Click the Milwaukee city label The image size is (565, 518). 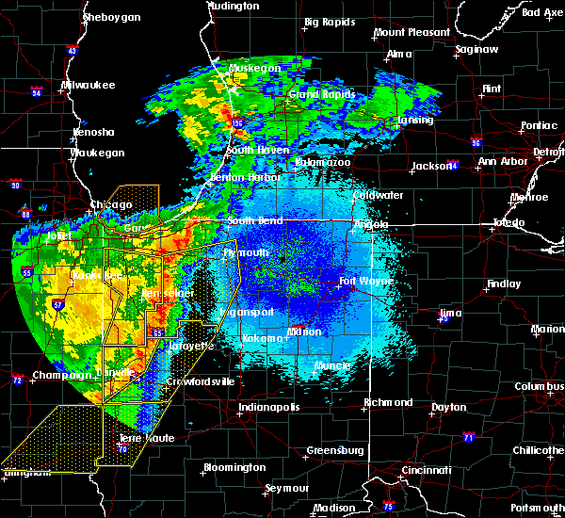pos(88,85)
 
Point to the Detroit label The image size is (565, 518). pos(549,152)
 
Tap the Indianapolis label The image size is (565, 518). pos(268,407)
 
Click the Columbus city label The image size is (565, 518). pos(541,387)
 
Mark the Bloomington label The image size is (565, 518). pos(234,468)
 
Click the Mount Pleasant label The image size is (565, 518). pos(412,32)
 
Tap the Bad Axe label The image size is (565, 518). pos(541,12)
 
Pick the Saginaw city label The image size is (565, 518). pos(476,49)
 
